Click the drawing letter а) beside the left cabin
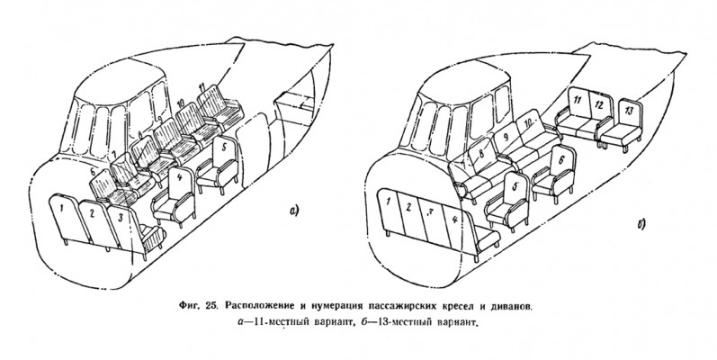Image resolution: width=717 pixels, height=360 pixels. (x=292, y=211)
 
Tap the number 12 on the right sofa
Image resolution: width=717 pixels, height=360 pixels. (x=597, y=105)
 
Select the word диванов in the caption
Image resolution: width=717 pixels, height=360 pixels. (x=506, y=298)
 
